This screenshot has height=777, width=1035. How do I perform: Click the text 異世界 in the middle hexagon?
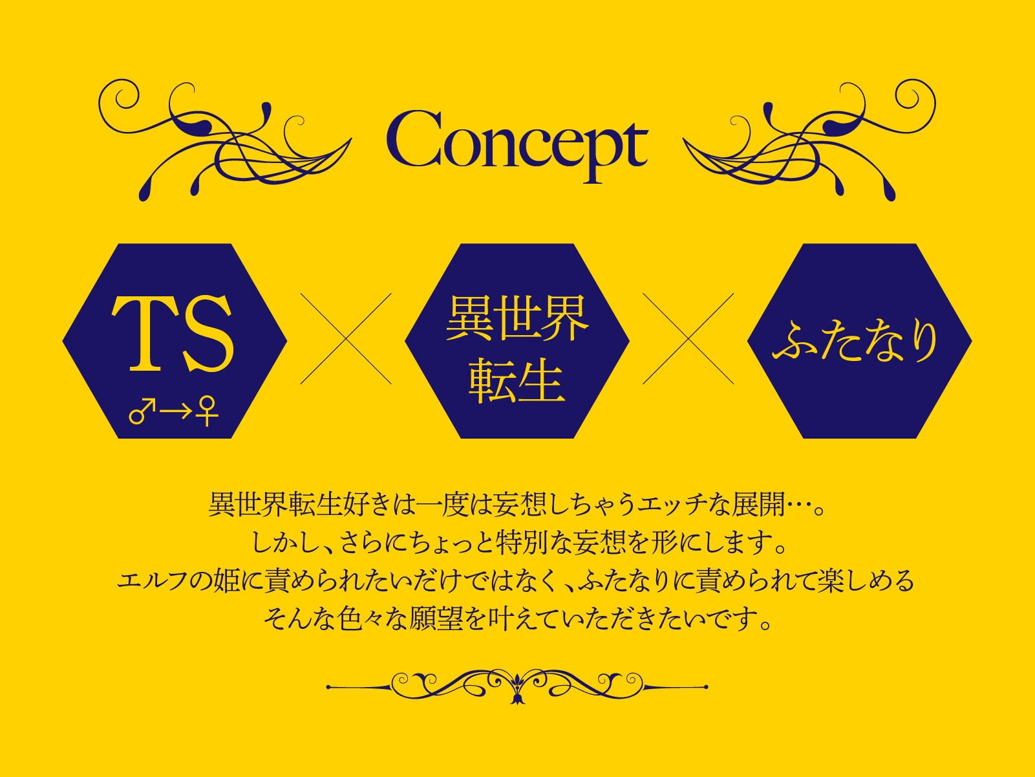(x=517, y=318)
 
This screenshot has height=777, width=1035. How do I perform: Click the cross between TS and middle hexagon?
(x=346, y=338)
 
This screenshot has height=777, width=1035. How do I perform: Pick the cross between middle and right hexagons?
(x=688, y=338)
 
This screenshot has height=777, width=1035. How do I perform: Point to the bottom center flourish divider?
(x=517, y=686)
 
